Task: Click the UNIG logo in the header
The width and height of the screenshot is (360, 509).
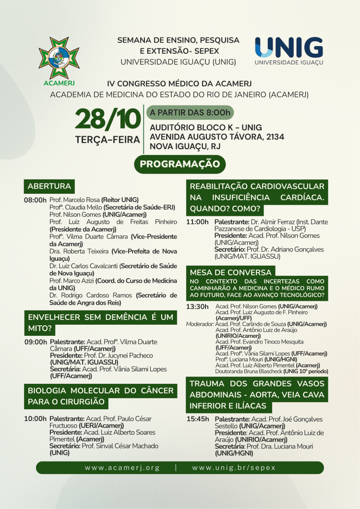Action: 288,50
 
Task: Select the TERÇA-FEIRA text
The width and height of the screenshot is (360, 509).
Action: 108,140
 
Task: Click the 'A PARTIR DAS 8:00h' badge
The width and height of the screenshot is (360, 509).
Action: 190,113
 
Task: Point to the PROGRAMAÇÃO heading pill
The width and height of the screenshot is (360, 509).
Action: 180,164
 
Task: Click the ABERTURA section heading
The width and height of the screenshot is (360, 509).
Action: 49,186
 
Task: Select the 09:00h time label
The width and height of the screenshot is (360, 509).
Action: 36,342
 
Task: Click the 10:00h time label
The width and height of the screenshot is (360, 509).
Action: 36,419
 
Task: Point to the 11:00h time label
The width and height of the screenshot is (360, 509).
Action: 197,222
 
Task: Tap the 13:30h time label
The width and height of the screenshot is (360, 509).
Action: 197,307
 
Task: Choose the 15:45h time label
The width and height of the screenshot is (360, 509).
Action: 198,419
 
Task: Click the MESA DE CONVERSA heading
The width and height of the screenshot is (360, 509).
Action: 231,272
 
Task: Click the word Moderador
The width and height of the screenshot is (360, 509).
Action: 200,324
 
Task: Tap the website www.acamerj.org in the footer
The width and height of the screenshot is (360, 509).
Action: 122,467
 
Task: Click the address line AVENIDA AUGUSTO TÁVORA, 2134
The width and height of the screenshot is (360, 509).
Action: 217,137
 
